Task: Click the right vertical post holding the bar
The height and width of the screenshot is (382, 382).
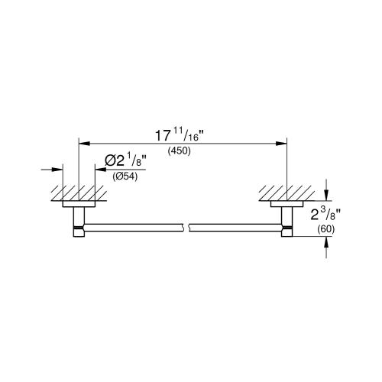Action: click(286, 222)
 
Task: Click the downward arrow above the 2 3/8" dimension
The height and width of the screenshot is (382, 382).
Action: click(327, 192)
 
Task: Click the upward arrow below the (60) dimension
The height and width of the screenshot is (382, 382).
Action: click(327, 242)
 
